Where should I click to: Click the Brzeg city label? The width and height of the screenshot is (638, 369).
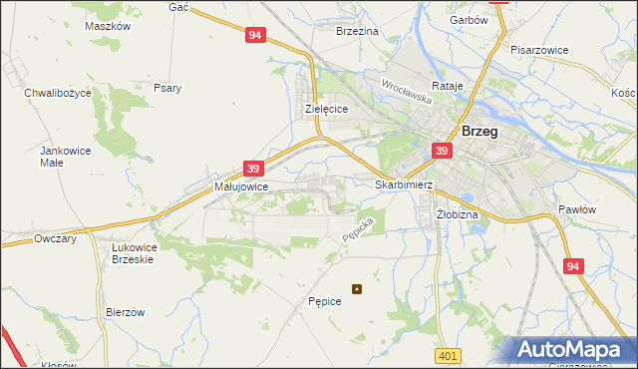click(x=479, y=131)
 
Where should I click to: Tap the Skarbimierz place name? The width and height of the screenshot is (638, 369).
click(x=404, y=184)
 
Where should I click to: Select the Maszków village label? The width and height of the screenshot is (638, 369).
click(x=109, y=27)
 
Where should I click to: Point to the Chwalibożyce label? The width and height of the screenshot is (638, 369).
click(x=58, y=92)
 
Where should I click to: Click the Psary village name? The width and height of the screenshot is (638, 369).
click(x=167, y=88)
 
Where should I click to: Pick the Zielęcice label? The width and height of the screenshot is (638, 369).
click(x=325, y=110)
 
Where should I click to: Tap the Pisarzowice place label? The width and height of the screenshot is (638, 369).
click(x=538, y=49)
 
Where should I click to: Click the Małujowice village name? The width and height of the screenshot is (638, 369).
click(x=240, y=186)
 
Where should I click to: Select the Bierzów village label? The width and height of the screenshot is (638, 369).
click(x=126, y=312)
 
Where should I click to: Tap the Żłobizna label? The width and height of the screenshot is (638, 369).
click(x=458, y=214)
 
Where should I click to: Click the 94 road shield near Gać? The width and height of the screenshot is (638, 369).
click(x=255, y=35)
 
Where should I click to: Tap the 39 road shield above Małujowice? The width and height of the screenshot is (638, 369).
click(x=253, y=169)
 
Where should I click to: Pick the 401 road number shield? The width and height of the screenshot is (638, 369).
click(x=448, y=355)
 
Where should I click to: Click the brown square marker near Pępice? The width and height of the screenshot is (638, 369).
click(x=357, y=290)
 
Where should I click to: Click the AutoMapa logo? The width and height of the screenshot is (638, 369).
click(x=572, y=349)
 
